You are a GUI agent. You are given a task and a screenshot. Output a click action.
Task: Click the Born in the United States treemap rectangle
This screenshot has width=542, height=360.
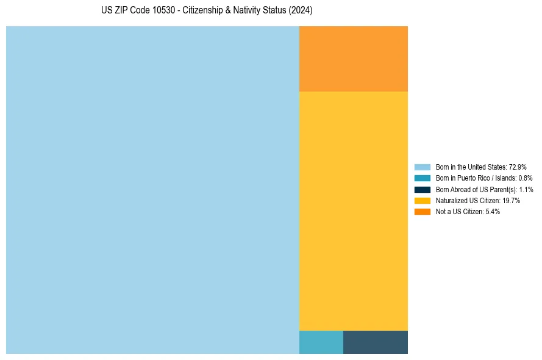[x=152, y=190]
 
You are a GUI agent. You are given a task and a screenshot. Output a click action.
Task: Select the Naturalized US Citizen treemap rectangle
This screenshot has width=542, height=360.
[x=354, y=211]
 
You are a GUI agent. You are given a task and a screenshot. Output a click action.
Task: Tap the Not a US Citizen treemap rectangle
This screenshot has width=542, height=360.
[x=354, y=59]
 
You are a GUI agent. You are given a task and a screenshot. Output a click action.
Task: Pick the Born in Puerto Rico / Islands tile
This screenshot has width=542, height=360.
[x=321, y=342]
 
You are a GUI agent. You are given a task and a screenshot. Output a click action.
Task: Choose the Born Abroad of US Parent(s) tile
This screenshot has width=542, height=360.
[x=376, y=342]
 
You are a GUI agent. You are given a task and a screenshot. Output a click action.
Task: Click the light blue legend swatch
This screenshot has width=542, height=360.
[x=423, y=167]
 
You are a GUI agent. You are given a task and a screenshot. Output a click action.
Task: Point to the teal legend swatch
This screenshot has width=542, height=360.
[x=423, y=178]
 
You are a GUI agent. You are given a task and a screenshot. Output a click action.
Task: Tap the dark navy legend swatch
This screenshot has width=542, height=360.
[x=423, y=189]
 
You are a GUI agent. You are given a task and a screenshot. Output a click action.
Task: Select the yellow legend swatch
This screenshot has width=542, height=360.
[x=423, y=200]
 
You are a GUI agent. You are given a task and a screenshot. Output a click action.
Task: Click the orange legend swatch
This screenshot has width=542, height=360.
[x=423, y=212]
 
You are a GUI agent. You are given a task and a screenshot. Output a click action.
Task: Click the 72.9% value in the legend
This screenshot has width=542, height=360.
[x=517, y=167]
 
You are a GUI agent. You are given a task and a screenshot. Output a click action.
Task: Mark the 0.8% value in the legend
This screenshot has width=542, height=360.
[x=526, y=178]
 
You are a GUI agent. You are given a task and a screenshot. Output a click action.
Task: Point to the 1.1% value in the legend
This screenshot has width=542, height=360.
[x=526, y=189]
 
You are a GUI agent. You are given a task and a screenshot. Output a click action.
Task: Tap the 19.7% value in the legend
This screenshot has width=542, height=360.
[x=511, y=200]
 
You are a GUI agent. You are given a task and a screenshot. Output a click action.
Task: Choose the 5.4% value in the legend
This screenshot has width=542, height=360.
[x=493, y=212]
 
